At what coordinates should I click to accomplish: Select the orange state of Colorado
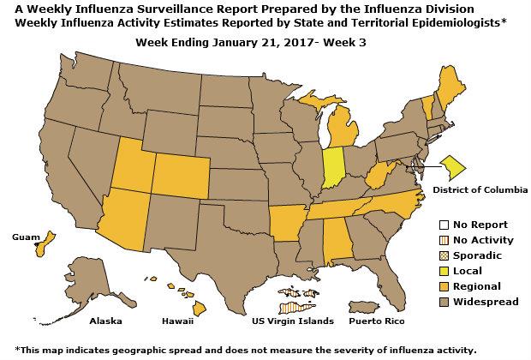point(179,178)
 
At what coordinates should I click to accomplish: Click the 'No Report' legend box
point(442,225)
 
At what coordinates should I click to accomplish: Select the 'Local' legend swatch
point(442,271)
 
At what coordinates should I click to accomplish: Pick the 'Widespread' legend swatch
point(442,302)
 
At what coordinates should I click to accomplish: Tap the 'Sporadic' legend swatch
point(442,255)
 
